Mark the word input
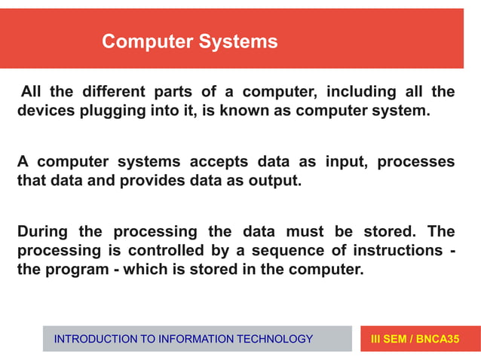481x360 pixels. pos(344,162)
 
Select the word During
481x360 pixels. pos(42,232)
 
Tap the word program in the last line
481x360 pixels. pos(71,270)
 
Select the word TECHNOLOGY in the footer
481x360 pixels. pos(274,340)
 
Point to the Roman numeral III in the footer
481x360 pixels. pos(377,340)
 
